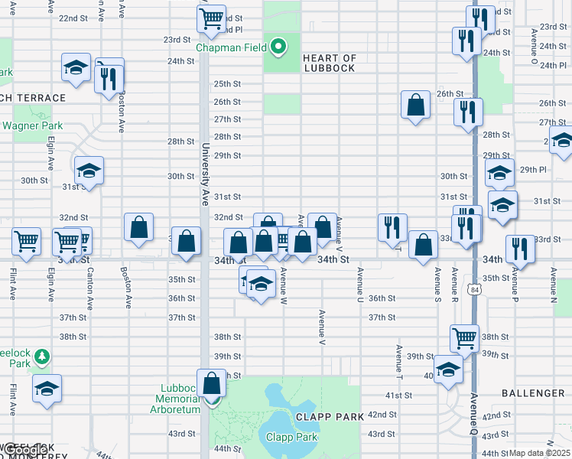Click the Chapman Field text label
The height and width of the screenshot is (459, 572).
tap(231, 47)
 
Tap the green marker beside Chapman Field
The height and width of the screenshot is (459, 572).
tap(279, 47)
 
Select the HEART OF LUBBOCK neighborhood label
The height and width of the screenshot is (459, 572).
tap(329, 63)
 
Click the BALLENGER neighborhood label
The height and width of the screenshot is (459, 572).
tap(533, 393)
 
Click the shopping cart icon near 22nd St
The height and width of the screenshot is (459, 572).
tap(211, 18)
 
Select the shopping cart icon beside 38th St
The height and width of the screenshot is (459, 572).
tap(465, 337)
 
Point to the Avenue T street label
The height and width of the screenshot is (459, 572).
tap(399, 359)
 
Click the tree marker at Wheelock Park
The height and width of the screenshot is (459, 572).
tap(41, 356)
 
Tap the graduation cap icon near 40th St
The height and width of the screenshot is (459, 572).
tap(448, 370)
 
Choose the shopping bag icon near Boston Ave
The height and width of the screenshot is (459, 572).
tap(138, 226)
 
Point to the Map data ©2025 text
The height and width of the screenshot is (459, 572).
tap(540, 453)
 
